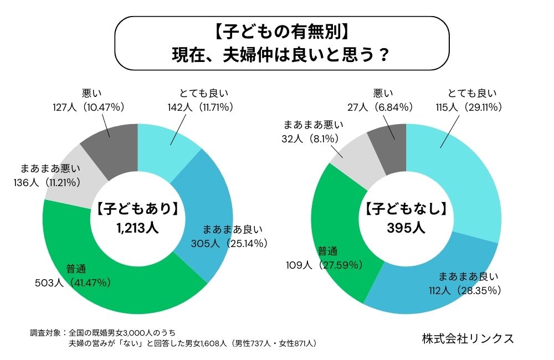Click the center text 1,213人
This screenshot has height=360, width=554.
pyautogui.click(x=137, y=228)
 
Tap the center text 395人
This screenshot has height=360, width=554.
pyautogui.click(x=407, y=228)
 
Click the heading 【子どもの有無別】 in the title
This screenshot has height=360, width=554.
pyautogui.click(x=281, y=32)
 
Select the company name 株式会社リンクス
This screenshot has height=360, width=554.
pyautogui.click(x=468, y=338)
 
